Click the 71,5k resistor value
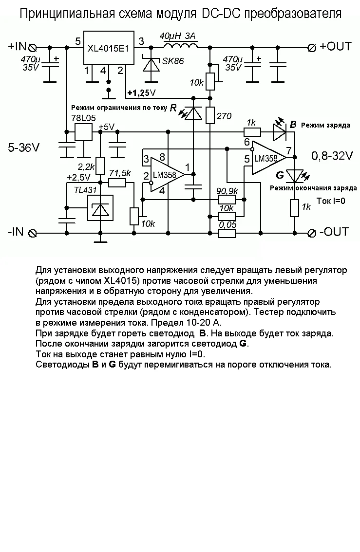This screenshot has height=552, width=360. pyautogui.click(x=120, y=173)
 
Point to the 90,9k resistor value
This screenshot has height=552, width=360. pyautogui.click(x=227, y=190)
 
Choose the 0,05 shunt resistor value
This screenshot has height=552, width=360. pyautogui.click(x=227, y=225)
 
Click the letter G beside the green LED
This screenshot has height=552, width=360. pyautogui.click(x=280, y=175)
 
